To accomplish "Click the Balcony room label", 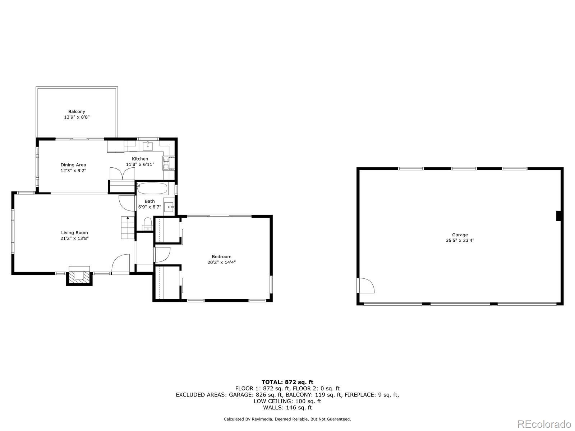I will point(77,112).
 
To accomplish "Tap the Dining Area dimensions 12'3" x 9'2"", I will point(73,171).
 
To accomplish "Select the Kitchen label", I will point(140,159).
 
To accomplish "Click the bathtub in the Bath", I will point(152,189).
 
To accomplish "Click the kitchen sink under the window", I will point(148,146).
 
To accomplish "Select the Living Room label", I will point(74,233).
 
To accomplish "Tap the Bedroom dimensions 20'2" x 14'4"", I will point(221,262).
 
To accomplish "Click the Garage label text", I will point(460,235).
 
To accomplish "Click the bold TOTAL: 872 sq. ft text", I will point(287,382).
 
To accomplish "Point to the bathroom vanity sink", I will point(169,207).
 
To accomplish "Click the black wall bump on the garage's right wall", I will point(559,216).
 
